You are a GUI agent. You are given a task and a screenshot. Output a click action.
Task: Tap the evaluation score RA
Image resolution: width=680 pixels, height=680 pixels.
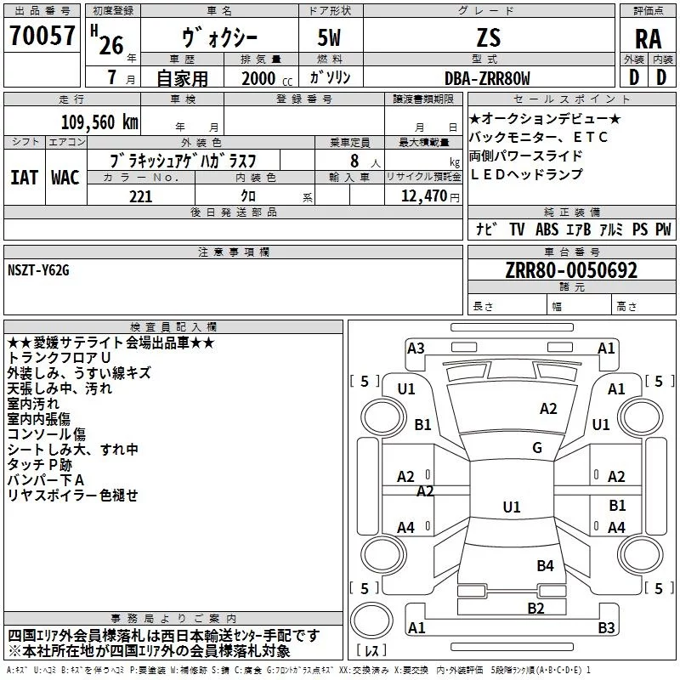coord(649,38)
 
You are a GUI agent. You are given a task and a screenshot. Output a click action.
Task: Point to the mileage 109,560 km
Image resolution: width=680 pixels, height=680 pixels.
coord(99,122)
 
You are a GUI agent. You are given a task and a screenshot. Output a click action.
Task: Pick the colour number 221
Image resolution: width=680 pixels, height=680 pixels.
coord(140,196)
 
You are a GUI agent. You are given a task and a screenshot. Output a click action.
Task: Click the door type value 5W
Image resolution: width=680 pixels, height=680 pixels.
coord(331,37)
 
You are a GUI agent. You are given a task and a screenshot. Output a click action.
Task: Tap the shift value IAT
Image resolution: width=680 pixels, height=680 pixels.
coord(24,178)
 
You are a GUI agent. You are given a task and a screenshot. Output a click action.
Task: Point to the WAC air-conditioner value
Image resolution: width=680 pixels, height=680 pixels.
coord(65,178)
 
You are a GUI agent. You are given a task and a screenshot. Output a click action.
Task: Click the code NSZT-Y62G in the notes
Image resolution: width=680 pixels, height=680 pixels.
coord(38,270)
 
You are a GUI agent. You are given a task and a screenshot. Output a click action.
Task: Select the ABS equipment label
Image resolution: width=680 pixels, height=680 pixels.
coord(547,229)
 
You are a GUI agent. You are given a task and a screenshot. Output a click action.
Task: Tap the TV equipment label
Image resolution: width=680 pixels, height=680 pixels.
coord(517,229)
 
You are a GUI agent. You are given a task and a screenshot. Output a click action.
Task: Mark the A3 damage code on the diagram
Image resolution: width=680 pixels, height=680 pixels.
coord(416,348)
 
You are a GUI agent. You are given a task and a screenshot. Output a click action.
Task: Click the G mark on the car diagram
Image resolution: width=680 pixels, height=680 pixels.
coord(536,448)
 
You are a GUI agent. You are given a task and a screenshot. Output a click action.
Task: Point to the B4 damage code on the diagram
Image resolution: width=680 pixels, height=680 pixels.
coord(545,565)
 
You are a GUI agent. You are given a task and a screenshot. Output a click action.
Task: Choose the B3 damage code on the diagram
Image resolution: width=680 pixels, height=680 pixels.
coord(606,628)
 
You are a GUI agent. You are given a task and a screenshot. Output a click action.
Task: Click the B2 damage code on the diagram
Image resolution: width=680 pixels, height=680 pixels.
coord(535,607)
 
